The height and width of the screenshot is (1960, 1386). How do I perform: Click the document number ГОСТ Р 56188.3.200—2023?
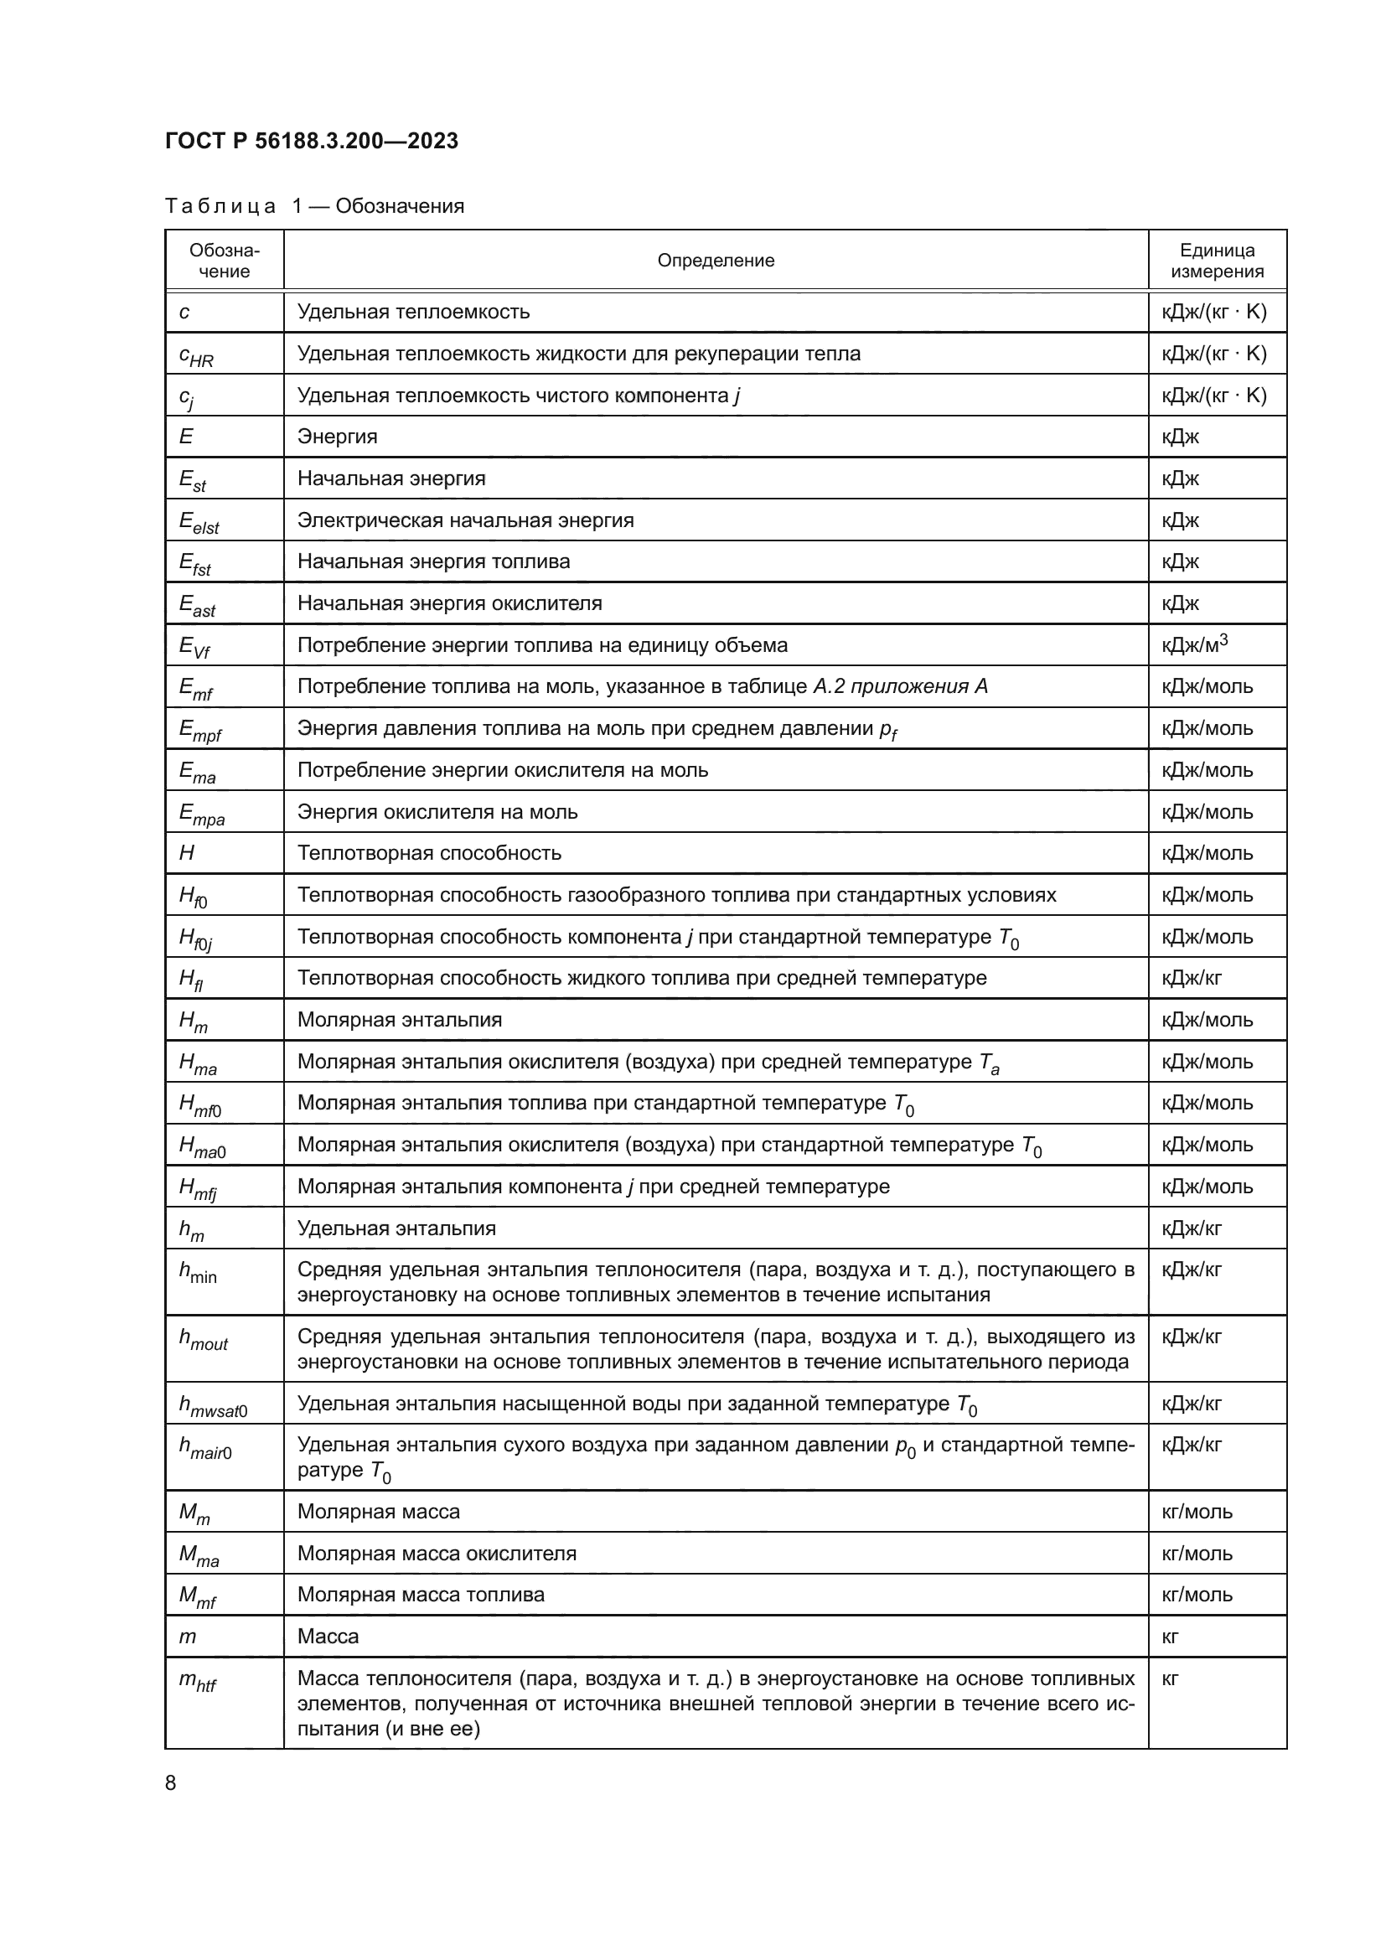[312, 141]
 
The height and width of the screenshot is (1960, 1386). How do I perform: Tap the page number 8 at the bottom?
[171, 1782]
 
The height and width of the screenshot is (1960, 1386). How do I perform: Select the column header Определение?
[715, 261]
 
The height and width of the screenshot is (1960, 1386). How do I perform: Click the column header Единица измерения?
[1216, 261]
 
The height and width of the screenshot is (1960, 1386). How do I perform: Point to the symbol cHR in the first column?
[195, 355]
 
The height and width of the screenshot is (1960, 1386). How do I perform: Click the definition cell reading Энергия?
[337, 437]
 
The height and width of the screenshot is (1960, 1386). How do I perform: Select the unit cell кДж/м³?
[1194, 644]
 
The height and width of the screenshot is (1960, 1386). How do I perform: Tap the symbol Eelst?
[198, 521]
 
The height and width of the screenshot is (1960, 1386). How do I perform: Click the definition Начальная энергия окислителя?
[449, 603]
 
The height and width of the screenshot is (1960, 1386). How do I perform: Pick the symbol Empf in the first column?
[199, 730]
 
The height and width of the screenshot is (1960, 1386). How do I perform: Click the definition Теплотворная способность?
[428, 853]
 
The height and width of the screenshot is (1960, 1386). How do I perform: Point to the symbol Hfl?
[190, 979]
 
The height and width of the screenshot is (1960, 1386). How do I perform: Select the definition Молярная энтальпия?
[400, 1019]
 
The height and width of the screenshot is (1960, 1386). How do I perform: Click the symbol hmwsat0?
[212, 1405]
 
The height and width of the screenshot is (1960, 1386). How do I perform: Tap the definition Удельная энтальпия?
[396, 1228]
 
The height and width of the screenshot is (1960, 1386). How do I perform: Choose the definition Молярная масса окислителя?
[436, 1553]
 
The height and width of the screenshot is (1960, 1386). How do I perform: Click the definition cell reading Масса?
[328, 1636]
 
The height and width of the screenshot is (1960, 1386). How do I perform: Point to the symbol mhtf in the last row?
[197, 1680]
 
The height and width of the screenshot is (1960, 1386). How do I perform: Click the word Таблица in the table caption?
[220, 206]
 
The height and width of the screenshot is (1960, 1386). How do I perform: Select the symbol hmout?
[203, 1338]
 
